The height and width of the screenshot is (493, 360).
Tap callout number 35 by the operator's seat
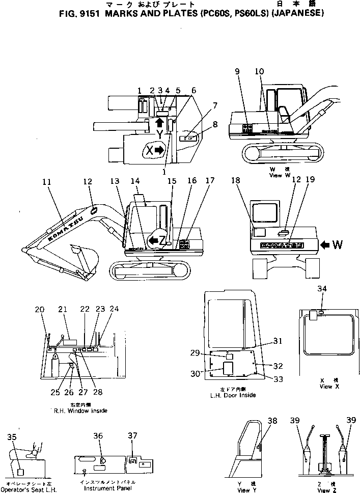pos(12,436)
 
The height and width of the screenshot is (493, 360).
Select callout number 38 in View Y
pos(273,421)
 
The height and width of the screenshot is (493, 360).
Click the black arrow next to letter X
pos(159,150)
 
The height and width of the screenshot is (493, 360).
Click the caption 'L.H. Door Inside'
pos(233,395)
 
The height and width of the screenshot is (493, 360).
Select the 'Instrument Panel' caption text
pos(108,488)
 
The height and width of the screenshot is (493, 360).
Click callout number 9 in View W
pos(237,72)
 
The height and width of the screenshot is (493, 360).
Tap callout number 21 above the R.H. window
pos(63,309)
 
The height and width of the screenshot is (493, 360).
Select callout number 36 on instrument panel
pos(98,435)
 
